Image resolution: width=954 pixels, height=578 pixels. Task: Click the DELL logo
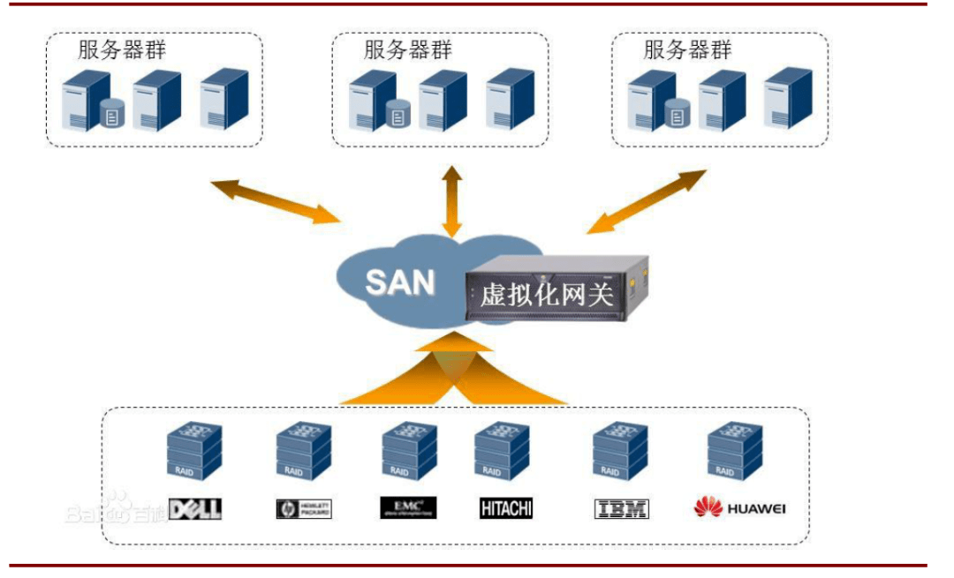click(x=194, y=509)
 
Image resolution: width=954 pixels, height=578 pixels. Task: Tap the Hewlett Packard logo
click(x=303, y=509)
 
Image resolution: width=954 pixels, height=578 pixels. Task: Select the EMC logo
click(x=408, y=507)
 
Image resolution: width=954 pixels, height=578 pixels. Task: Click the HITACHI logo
click(x=506, y=508)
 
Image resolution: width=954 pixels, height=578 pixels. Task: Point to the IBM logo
click(x=622, y=508)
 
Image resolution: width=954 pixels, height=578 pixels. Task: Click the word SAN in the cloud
click(x=400, y=282)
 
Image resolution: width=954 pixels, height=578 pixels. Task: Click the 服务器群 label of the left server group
click(x=122, y=50)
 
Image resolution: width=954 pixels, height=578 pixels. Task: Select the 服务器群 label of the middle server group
click(x=407, y=50)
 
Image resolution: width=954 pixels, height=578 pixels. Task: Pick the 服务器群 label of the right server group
click(x=687, y=50)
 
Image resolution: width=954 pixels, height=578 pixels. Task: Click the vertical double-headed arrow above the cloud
click(x=453, y=201)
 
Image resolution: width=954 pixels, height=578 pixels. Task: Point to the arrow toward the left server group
click(x=275, y=200)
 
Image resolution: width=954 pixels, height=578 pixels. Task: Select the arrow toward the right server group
click(x=647, y=202)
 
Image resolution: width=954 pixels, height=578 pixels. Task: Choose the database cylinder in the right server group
click(x=678, y=114)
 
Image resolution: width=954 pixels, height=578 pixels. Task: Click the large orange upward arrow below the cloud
click(x=453, y=371)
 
